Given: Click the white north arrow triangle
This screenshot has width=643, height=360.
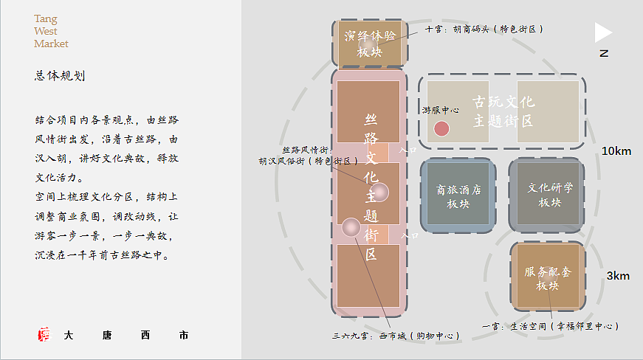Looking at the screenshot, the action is (602, 32).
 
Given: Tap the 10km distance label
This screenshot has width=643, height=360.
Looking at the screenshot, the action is (616, 151).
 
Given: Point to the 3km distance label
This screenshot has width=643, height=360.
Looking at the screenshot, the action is (618, 276).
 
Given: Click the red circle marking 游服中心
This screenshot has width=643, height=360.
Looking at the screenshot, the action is (441, 128).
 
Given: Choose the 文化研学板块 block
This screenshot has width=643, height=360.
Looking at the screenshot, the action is (549, 195).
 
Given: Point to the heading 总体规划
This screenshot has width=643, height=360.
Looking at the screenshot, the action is (60, 75).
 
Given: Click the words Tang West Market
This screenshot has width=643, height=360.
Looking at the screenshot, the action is (51, 31).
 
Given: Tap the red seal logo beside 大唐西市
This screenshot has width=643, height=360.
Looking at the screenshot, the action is (44, 334).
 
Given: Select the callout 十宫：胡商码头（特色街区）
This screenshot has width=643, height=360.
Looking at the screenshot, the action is (484, 30).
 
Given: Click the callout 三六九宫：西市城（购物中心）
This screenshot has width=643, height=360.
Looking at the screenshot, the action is (396, 336).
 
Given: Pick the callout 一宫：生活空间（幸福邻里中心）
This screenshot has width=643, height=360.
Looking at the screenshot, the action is (550, 325).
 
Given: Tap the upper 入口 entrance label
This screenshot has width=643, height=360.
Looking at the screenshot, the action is (408, 149).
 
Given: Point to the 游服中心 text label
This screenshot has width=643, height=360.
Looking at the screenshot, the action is (441, 109).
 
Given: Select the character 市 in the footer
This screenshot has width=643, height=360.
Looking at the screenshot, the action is (183, 335).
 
